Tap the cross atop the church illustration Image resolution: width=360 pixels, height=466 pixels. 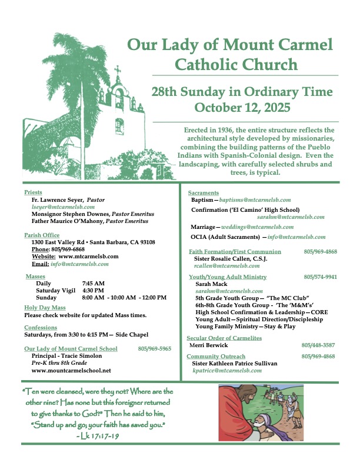(x=117, y=74)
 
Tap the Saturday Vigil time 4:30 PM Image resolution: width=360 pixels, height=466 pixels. (x=94, y=290)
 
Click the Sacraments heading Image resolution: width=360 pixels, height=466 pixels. (x=204, y=192)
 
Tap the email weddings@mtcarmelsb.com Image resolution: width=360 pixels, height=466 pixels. (x=262, y=227)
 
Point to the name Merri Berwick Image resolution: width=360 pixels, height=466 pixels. (x=208, y=345)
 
